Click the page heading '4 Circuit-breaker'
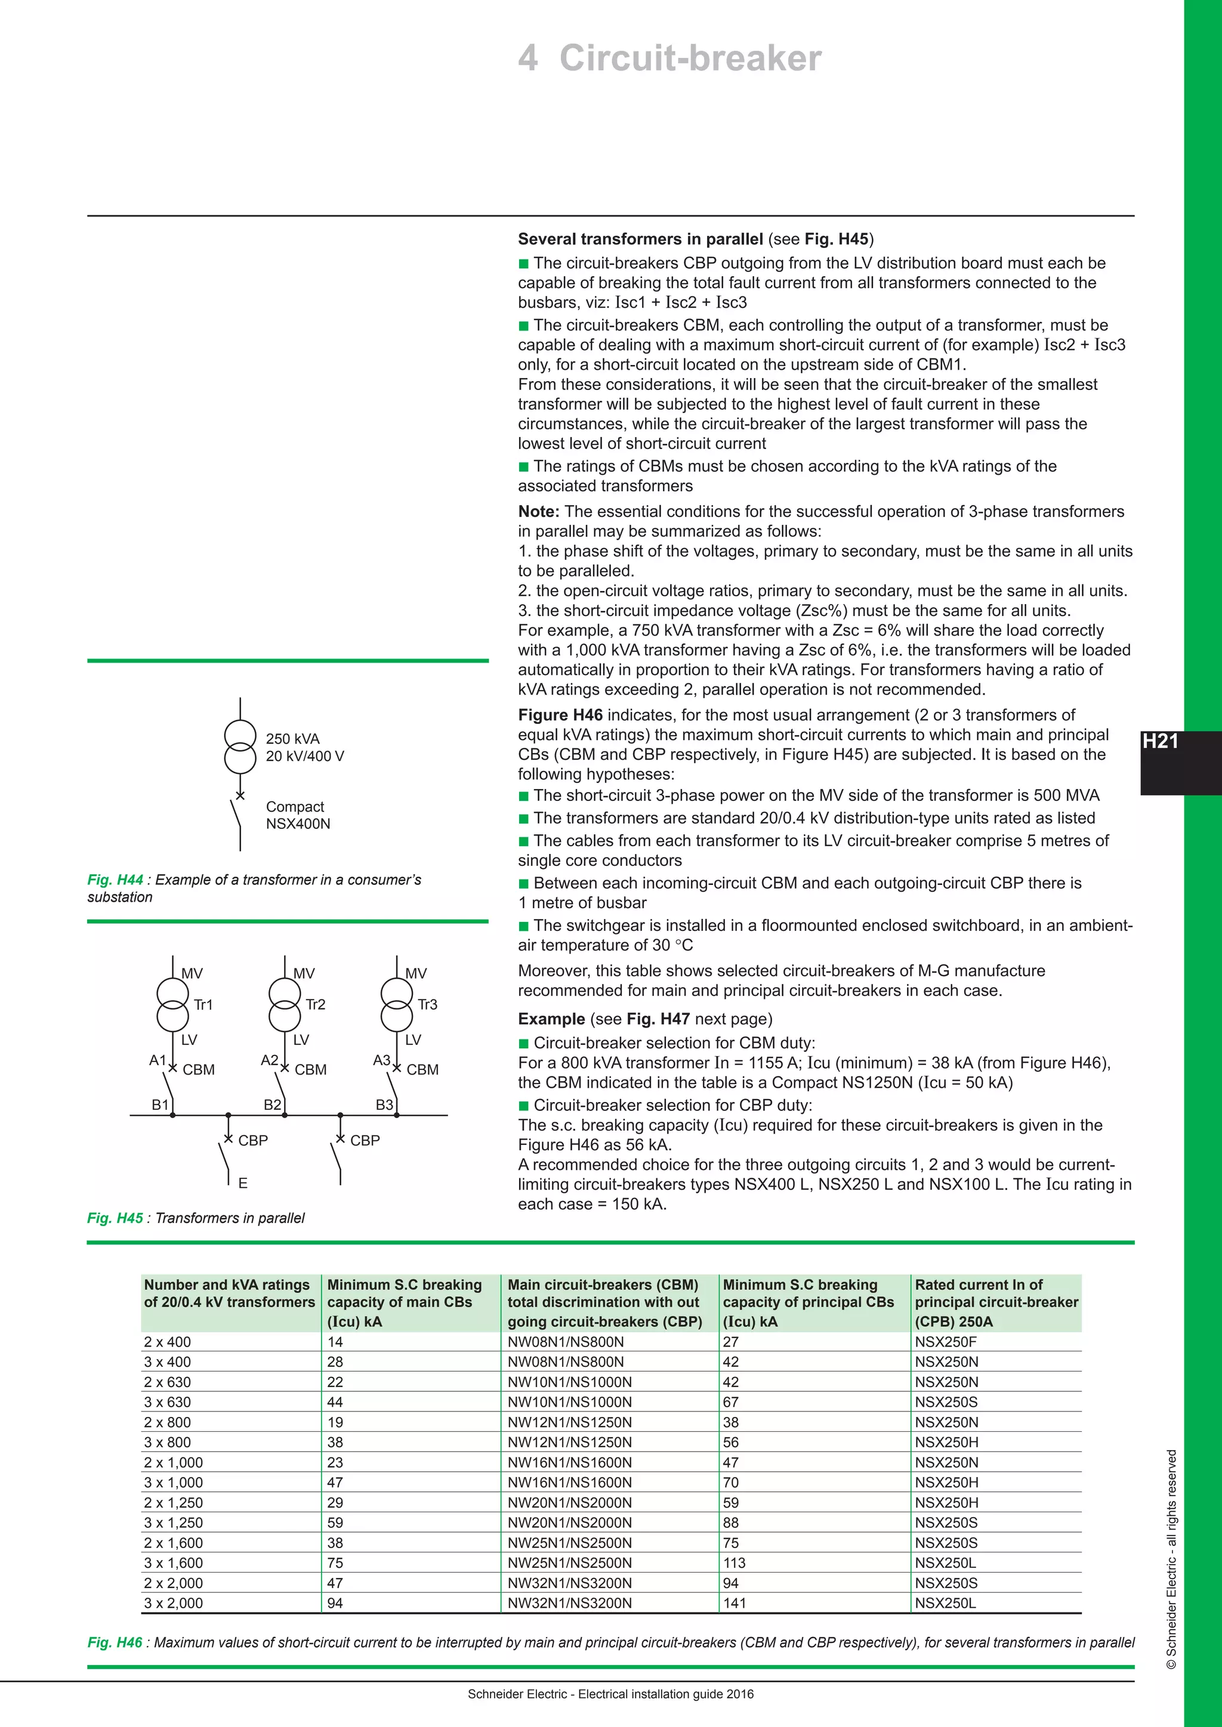coord(669,58)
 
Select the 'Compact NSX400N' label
coord(297,815)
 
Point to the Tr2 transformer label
coord(315,1004)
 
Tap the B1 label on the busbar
coord(159,1105)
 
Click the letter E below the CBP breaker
coord(242,1183)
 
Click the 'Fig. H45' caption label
coord(115,1218)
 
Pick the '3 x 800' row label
coord(167,1442)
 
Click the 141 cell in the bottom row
coord(735,1603)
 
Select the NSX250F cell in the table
coord(945,1342)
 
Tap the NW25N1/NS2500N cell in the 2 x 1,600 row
coord(570,1543)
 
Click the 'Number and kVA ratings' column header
coord(227,1285)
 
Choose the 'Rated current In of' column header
coord(978,1285)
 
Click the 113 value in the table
coord(734,1563)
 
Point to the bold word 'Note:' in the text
coord(539,512)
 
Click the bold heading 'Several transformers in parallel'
coord(640,239)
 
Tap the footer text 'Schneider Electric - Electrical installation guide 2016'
coord(610,1694)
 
